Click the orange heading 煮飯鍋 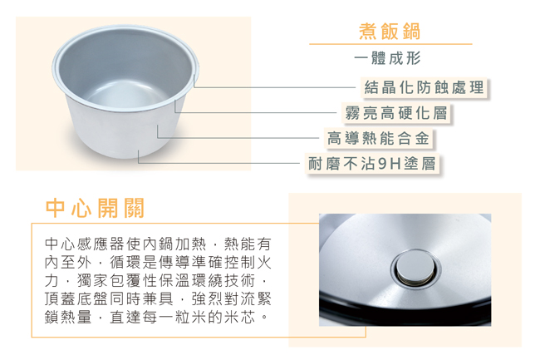pyautogui.click(x=390, y=32)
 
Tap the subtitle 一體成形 pyautogui.click(x=387, y=58)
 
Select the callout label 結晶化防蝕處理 pyautogui.click(x=424, y=87)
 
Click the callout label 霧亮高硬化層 pyautogui.click(x=396, y=113)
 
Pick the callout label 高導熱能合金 pyautogui.click(x=378, y=138)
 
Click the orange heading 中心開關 pyautogui.click(x=95, y=208)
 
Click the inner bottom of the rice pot pyautogui.click(x=125, y=93)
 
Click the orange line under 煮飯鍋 pyautogui.click(x=390, y=44)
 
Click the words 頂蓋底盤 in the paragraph pyautogui.click(x=76, y=299)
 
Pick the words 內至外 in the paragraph pyautogui.click(x=68, y=263)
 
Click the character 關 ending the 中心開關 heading pyautogui.click(x=134, y=208)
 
